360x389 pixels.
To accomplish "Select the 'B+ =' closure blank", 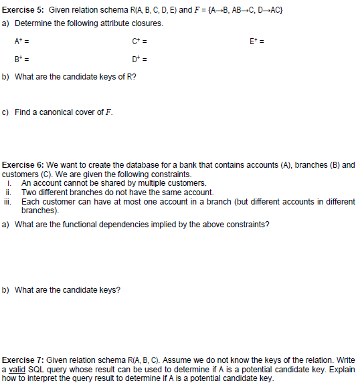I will [x=21, y=61].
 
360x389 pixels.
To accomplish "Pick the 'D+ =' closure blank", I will [x=140, y=61].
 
